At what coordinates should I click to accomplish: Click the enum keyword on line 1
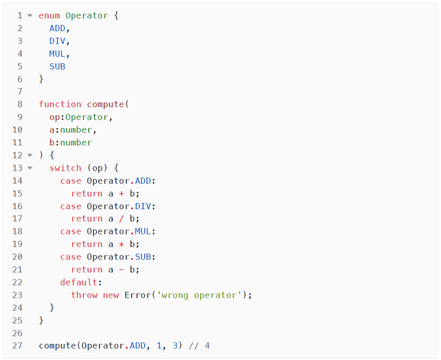click(x=50, y=15)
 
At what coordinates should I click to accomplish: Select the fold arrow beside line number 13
click(x=30, y=168)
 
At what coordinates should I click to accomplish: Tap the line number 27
click(x=17, y=346)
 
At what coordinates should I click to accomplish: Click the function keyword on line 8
click(x=60, y=104)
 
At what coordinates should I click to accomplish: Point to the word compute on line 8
click(x=106, y=104)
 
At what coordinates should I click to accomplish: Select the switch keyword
click(x=65, y=168)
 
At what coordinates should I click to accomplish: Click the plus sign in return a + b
click(x=121, y=193)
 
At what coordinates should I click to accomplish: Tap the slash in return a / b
click(x=121, y=219)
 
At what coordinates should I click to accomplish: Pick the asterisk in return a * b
click(x=121, y=244)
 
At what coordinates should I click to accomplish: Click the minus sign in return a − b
click(x=121, y=270)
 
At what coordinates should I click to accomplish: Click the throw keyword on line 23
click(x=84, y=295)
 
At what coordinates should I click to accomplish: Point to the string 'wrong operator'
click(x=202, y=295)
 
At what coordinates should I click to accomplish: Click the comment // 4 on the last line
click(x=199, y=346)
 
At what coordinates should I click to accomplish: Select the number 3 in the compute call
click(x=175, y=346)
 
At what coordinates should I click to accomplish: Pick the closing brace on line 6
click(x=41, y=79)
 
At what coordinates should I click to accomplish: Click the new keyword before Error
click(x=111, y=295)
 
